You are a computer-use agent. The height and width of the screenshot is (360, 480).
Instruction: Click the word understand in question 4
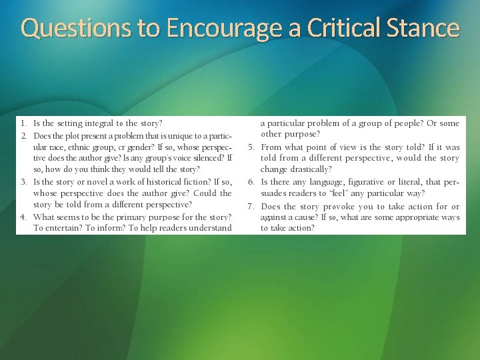(x=209, y=228)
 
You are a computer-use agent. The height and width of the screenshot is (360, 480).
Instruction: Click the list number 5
(x=251, y=147)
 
